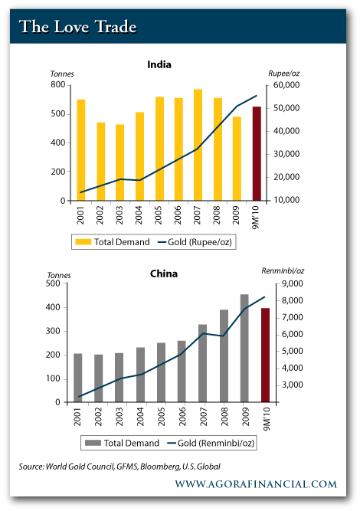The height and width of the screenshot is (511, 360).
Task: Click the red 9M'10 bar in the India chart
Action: (x=257, y=153)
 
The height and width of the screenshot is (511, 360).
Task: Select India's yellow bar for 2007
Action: (x=198, y=145)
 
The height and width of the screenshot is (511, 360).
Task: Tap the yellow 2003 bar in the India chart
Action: (x=119, y=162)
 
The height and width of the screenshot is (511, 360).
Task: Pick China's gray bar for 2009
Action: (x=244, y=348)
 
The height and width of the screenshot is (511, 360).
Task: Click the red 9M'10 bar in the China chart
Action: (x=265, y=355)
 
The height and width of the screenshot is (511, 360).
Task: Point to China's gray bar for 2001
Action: (x=78, y=378)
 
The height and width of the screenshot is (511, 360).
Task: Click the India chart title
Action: (x=159, y=64)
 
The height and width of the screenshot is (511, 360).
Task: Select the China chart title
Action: (x=164, y=274)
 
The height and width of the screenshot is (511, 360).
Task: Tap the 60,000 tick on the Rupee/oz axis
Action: (x=286, y=85)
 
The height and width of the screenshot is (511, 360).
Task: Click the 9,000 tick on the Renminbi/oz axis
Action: (x=293, y=284)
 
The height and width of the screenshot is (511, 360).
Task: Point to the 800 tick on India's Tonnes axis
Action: (x=58, y=85)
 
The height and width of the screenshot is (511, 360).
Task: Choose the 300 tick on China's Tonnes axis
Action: (x=53, y=331)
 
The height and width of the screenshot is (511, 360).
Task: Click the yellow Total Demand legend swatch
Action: (x=83, y=242)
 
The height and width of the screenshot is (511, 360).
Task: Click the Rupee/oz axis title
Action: (x=283, y=74)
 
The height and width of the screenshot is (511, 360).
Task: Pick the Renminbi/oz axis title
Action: (x=283, y=270)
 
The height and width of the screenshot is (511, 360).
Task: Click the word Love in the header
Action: (x=71, y=27)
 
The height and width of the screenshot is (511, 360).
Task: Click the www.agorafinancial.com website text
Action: (x=256, y=484)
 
